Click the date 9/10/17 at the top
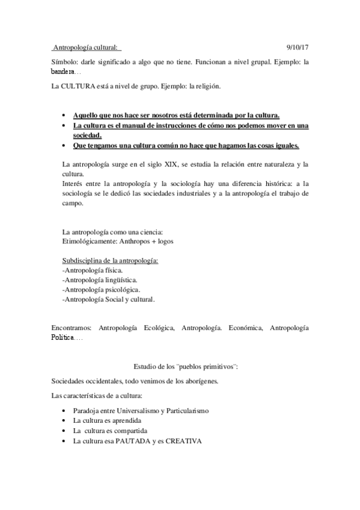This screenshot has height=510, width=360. [x=297, y=46]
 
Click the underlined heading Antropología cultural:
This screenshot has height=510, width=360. [x=87, y=46]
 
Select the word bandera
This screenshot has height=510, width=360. [x=64, y=72]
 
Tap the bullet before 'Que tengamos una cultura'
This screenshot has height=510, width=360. [x=64, y=146]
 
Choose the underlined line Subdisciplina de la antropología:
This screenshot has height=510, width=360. [x=111, y=261]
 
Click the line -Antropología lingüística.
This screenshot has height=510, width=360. [x=100, y=280]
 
